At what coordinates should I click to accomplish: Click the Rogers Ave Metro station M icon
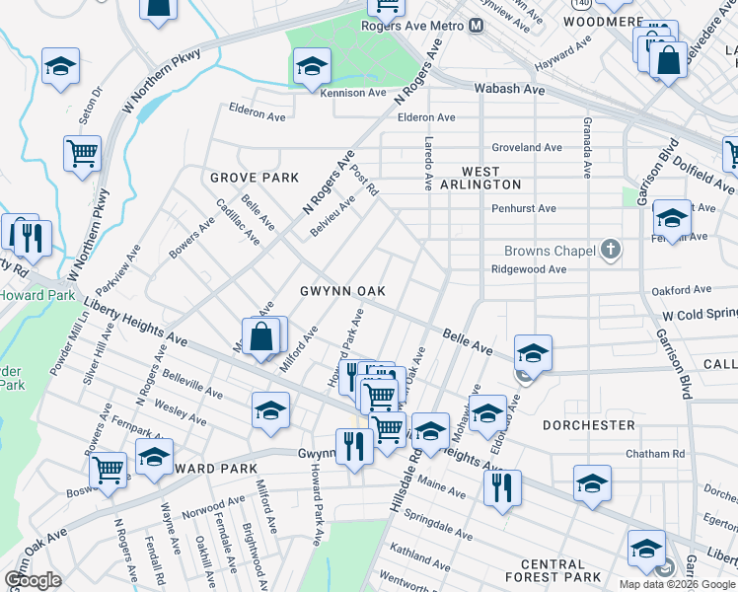coord(476,26)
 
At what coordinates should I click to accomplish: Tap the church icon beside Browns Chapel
coord(611,251)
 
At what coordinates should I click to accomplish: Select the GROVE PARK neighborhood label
coord(254,178)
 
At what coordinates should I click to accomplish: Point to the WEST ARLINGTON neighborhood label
coord(479,176)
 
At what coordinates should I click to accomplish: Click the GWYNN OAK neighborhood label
coord(342,291)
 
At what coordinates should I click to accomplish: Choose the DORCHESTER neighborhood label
coord(588,425)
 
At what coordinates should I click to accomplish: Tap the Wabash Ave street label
coord(509,89)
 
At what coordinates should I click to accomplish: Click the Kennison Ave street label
coord(352,93)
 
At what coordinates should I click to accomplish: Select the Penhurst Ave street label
coord(524,209)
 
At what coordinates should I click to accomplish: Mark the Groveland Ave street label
coord(527,147)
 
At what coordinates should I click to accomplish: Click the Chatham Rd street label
coord(655,454)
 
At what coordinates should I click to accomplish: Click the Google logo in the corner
coord(34,580)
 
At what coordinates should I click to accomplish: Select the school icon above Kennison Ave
coord(312,65)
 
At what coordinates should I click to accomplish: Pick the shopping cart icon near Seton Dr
coord(82,153)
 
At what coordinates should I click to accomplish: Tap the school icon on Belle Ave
coord(533,351)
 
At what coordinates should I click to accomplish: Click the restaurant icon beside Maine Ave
coord(502,485)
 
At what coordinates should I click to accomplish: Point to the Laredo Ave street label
coord(428,163)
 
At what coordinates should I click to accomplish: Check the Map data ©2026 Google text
coord(677,583)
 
